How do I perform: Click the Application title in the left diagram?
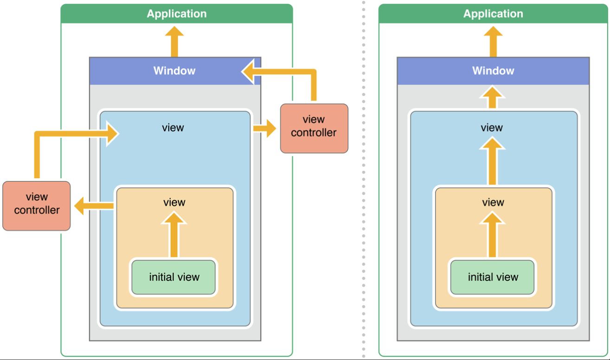click(177, 13)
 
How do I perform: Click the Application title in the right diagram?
click(493, 13)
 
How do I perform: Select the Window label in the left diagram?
click(174, 71)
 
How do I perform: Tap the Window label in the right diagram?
click(493, 71)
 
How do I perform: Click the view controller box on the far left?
click(37, 206)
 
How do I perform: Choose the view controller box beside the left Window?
click(314, 128)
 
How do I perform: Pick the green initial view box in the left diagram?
click(173, 277)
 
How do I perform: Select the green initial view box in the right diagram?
click(492, 277)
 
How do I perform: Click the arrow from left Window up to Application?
click(174, 42)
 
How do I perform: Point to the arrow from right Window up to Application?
click(493, 42)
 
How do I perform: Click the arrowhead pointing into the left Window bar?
click(248, 71)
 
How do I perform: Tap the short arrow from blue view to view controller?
click(264, 128)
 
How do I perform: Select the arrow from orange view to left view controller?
click(94, 206)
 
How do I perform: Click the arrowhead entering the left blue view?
click(112, 134)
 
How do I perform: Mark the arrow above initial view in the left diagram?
click(174, 235)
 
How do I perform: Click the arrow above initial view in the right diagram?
click(492, 235)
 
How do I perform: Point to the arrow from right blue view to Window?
click(492, 97)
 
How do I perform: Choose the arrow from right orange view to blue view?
click(492, 161)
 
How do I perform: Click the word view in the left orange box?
click(174, 202)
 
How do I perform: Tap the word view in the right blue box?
click(492, 128)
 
